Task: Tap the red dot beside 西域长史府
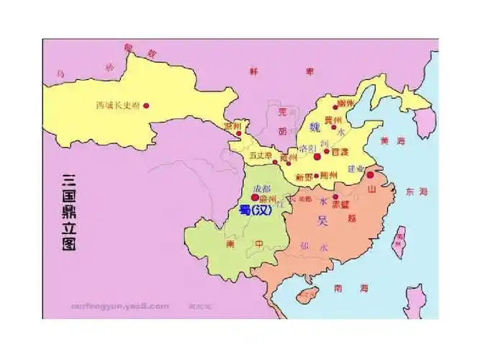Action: pos(146,105)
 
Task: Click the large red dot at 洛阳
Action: pos(317,156)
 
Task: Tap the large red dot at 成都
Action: pos(255,197)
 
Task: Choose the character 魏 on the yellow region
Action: pos(314,127)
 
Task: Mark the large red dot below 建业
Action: pos(370,175)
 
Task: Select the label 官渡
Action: pos(339,152)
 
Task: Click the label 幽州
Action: pos(345,104)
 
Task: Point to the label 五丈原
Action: pos(259,156)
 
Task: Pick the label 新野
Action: pos(304,176)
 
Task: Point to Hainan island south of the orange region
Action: pos(308,294)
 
